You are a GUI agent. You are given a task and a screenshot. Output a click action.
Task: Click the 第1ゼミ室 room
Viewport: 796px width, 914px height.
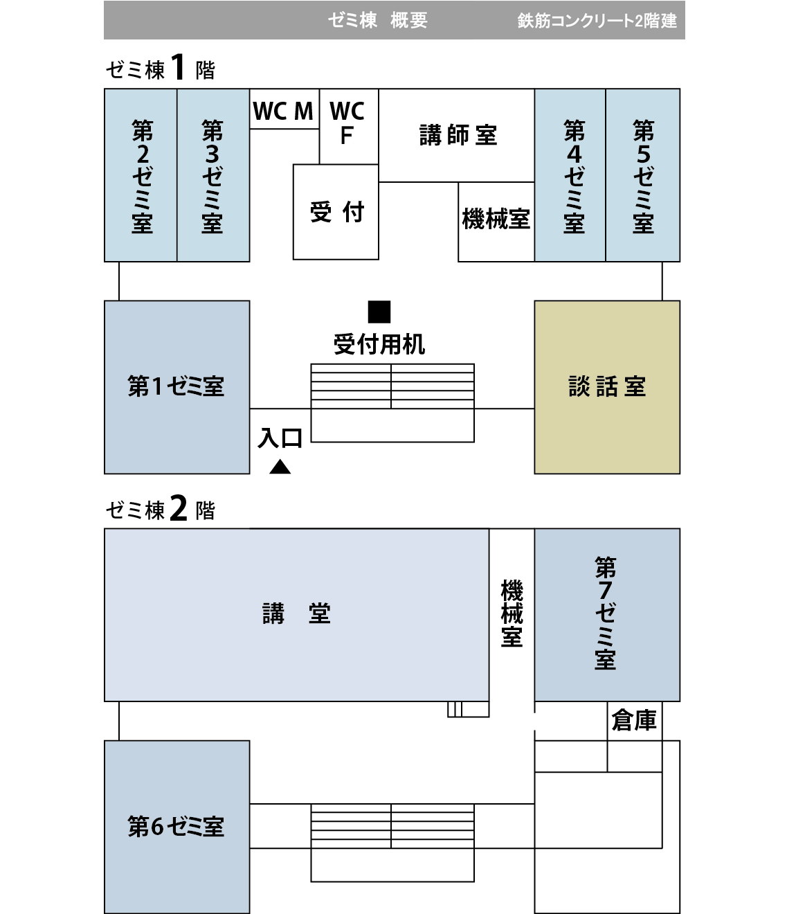177,386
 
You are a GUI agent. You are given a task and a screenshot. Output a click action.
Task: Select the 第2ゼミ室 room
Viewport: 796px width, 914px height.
141,176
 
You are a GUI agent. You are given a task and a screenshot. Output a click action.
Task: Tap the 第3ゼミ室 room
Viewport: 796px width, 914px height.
213,176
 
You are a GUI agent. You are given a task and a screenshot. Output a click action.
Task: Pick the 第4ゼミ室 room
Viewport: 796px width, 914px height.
570,176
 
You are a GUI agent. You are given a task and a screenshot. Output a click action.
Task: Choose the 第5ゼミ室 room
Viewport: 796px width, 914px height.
642,176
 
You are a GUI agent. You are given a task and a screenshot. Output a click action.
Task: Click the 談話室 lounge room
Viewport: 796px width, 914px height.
607,386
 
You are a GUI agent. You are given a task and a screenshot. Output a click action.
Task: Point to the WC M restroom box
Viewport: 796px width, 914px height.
284,110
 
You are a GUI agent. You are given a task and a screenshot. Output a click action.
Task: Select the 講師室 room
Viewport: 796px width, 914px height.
457,136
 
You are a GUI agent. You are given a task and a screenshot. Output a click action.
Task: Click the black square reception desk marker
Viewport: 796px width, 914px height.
379,312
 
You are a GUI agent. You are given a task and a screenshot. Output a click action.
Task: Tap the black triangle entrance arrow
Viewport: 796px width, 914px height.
280,467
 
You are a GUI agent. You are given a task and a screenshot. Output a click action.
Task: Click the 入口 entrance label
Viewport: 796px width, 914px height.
281,438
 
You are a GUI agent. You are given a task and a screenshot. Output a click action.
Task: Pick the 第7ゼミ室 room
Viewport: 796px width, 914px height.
606,615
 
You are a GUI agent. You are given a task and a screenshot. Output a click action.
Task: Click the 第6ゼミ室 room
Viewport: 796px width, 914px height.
177,826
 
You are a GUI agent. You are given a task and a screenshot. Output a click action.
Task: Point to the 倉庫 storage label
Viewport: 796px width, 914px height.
634,722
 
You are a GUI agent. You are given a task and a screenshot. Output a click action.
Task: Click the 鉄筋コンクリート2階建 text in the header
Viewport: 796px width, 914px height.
597,21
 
